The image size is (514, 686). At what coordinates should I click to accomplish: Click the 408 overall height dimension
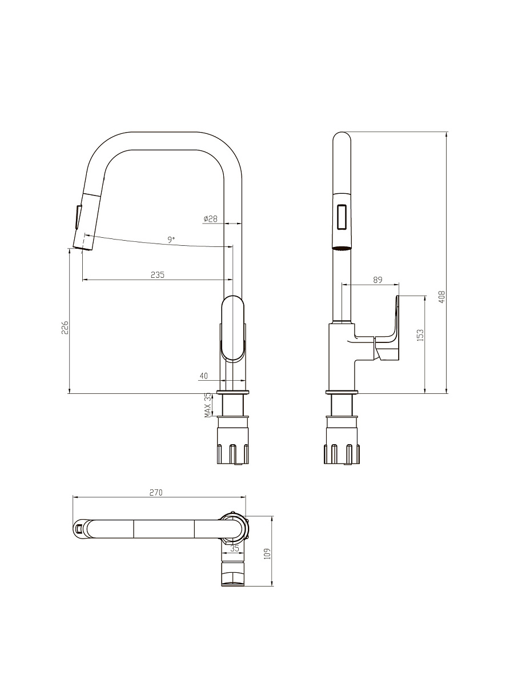click(441, 297)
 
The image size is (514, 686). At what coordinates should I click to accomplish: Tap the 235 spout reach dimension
click(157, 275)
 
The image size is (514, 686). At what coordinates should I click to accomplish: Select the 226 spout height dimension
click(65, 327)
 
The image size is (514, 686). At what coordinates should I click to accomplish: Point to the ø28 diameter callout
click(210, 219)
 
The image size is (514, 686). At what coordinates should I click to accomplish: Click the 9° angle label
click(171, 240)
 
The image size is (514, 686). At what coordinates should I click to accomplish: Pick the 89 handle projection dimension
click(378, 280)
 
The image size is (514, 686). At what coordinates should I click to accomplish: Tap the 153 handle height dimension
click(420, 335)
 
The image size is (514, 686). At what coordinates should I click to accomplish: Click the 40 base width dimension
click(203, 376)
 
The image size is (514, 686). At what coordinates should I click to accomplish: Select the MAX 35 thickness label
click(208, 405)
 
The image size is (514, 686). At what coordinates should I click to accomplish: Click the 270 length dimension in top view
click(156, 493)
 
